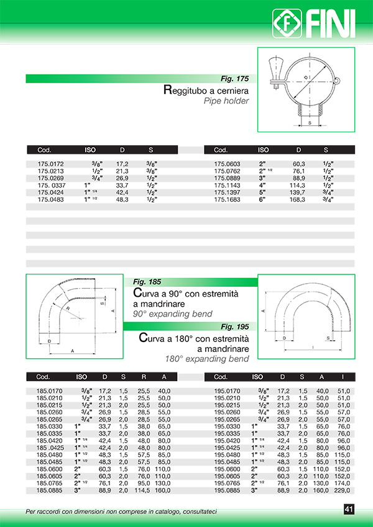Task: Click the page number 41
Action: pos(349,510)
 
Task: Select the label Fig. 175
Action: pos(234,79)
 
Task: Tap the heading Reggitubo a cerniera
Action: pos(206,91)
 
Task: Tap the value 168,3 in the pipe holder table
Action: pos(299,200)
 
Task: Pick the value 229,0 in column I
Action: pos(343,490)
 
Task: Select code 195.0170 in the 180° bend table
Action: pos(228,390)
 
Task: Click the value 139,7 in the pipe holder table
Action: pos(299,193)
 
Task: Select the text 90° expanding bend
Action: pos(173,314)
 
